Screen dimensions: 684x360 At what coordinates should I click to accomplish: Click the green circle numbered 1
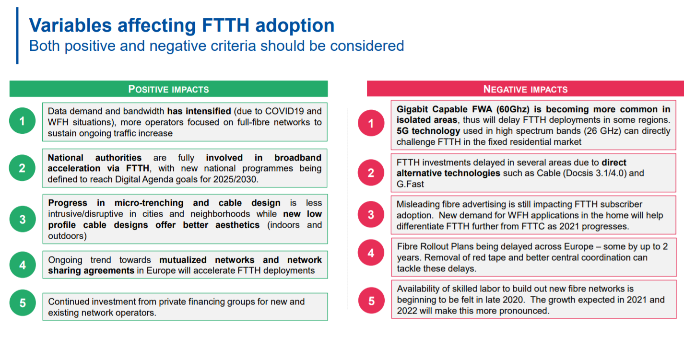click(22, 121)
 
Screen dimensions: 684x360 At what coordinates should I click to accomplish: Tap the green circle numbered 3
click(23, 219)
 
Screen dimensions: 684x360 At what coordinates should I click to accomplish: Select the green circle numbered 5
click(23, 302)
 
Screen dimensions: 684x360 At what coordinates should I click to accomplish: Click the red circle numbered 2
click(371, 173)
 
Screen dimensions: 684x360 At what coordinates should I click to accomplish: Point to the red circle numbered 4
click(371, 253)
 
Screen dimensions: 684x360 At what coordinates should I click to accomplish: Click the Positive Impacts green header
click(168, 89)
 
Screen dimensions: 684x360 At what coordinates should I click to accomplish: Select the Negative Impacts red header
click(525, 89)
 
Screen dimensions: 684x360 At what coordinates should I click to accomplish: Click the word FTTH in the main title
click(225, 25)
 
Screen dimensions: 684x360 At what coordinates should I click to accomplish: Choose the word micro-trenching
click(149, 203)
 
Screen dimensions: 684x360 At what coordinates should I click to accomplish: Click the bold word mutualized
click(183, 260)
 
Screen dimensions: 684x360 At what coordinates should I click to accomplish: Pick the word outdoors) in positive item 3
click(67, 236)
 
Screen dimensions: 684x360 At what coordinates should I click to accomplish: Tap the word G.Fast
click(410, 184)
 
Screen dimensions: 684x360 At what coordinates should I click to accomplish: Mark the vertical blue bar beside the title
click(17, 35)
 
